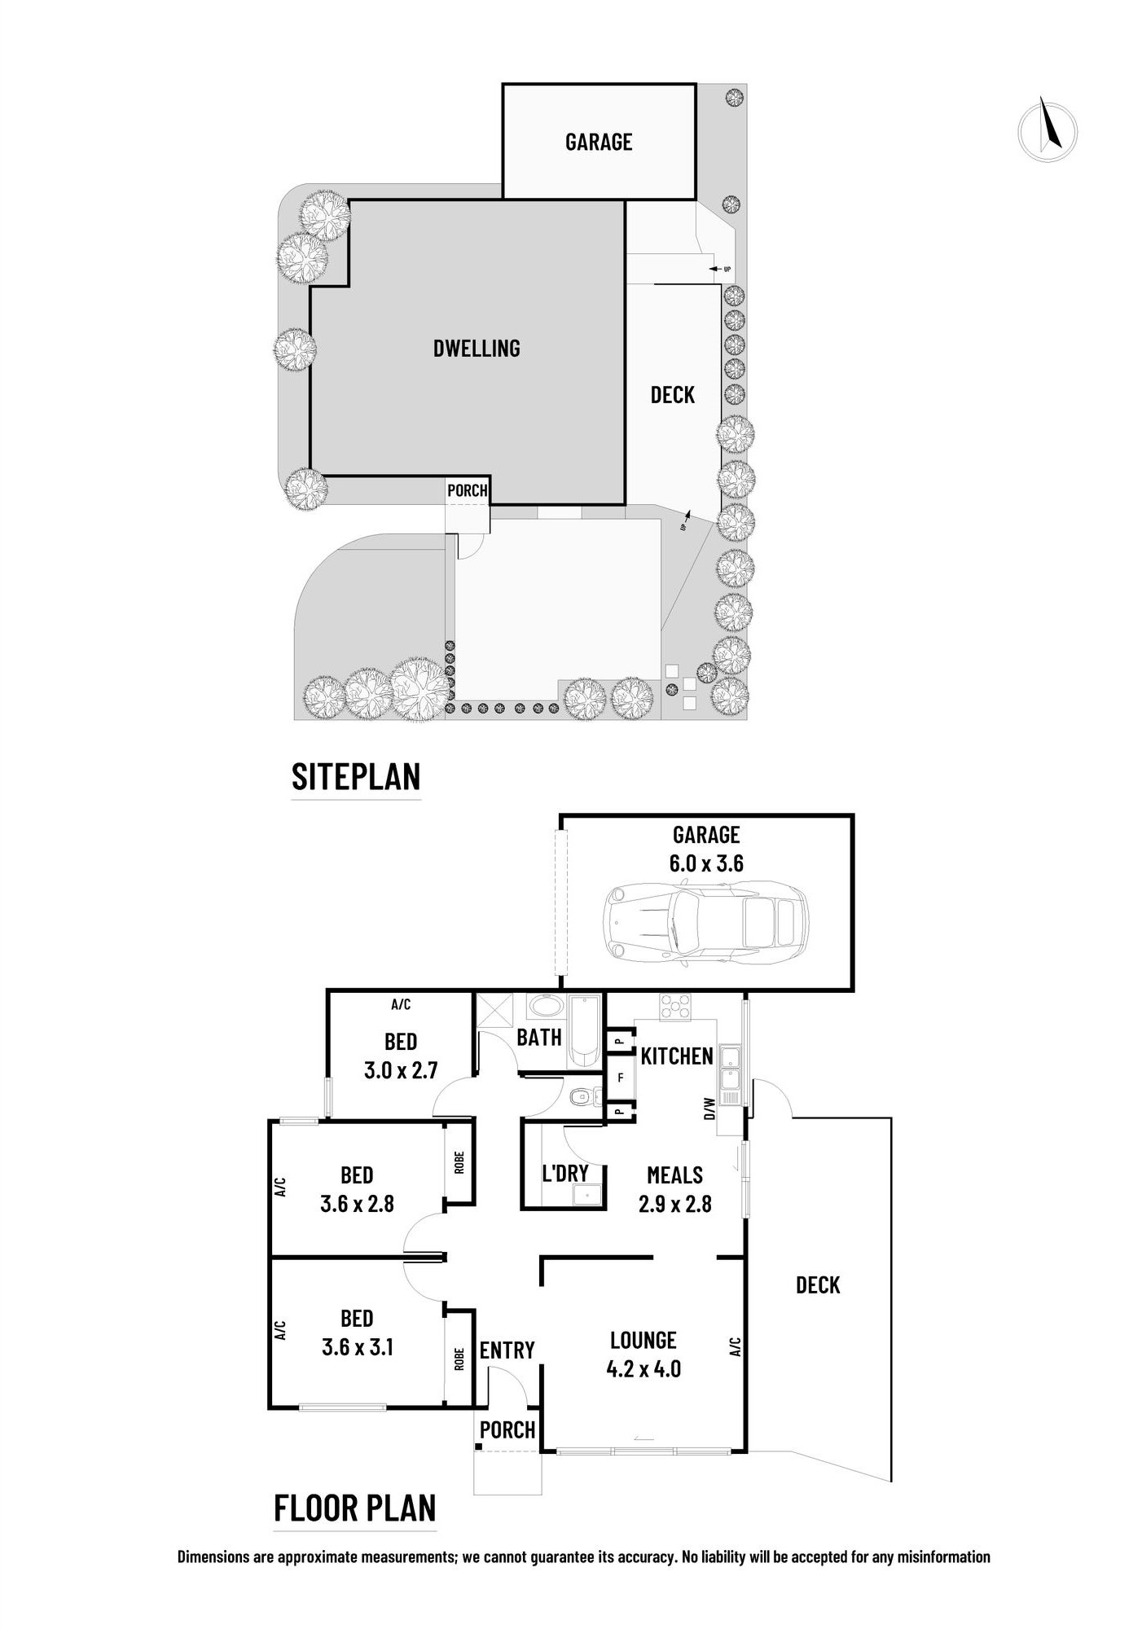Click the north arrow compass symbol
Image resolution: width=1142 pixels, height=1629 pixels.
tap(1048, 130)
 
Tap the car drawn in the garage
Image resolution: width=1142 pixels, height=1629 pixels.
tap(705, 924)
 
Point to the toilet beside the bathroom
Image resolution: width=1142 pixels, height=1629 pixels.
tap(582, 1099)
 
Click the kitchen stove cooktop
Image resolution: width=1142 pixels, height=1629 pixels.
tap(675, 1007)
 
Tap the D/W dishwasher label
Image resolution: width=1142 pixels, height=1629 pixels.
tap(709, 1108)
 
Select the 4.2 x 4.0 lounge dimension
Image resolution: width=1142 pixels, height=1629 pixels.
tap(643, 1369)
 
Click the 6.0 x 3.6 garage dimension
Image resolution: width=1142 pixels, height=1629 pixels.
tap(706, 863)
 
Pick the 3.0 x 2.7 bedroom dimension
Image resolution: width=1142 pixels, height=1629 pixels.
tap(401, 1070)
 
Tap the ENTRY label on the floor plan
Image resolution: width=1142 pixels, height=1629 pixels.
tap(507, 1350)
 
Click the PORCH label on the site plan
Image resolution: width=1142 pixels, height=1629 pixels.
tap(468, 490)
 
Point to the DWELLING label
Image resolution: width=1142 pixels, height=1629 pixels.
tap(477, 349)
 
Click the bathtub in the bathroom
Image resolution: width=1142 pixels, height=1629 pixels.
tap(583, 1031)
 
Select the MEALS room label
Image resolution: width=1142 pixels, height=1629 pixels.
tap(674, 1175)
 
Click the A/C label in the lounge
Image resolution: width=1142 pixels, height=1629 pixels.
tap(736, 1346)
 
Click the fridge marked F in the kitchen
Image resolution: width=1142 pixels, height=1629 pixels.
tap(621, 1078)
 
